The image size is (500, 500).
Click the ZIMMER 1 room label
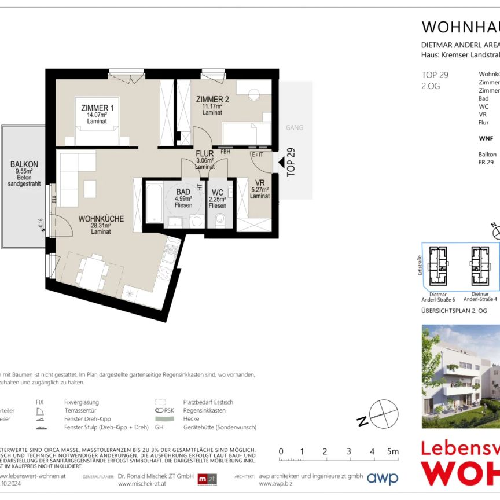click(x=97, y=108)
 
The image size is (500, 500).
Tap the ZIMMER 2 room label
click(x=212, y=99)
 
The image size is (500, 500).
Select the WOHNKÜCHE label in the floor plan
click(x=101, y=219)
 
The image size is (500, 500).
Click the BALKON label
click(x=24, y=164)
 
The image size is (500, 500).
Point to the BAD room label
click(x=183, y=192)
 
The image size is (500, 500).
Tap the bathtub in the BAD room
click(x=155, y=203)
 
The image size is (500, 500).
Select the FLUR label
click(x=205, y=154)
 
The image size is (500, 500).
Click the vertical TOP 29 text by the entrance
click(x=291, y=162)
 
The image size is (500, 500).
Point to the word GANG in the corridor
click(x=295, y=127)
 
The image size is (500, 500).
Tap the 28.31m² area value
click(x=101, y=226)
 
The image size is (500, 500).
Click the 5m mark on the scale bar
click(x=394, y=451)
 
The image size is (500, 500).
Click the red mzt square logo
click(x=207, y=479)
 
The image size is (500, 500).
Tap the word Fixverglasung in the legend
click(x=82, y=402)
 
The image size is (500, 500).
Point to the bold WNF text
click(x=486, y=139)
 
